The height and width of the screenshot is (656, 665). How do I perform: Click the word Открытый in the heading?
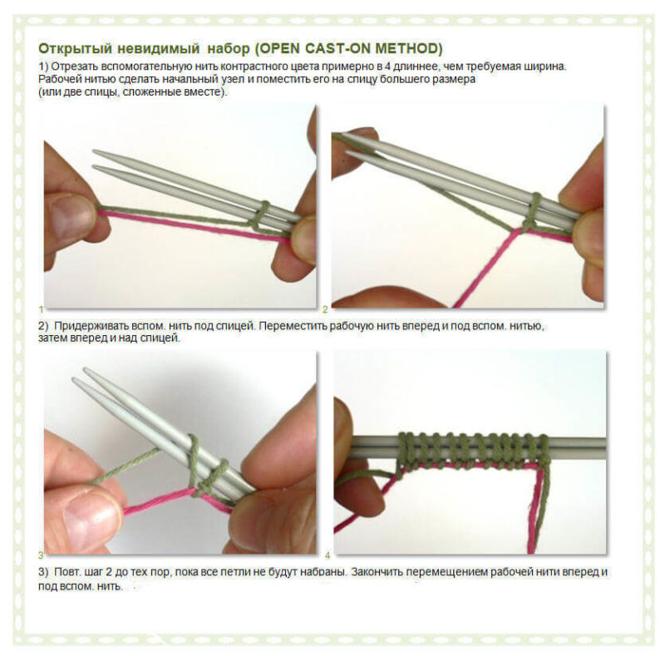coord(76,49)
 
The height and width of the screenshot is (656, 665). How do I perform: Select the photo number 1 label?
coord(41,309)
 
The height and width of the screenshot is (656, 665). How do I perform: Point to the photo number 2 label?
coord(325,309)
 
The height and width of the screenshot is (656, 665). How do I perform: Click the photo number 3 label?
coord(41,555)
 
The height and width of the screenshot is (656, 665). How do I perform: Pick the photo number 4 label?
coord(328,555)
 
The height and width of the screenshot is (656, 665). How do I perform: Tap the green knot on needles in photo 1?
coord(261,216)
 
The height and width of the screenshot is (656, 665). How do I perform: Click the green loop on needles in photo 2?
coord(532,212)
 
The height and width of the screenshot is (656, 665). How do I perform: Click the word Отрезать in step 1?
coord(75,67)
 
